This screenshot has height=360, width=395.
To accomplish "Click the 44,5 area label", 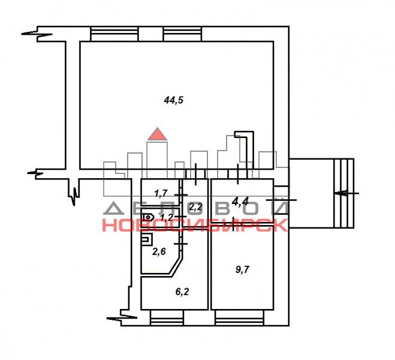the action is click(x=174, y=100).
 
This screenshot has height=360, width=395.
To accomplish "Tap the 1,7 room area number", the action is click(x=161, y=193).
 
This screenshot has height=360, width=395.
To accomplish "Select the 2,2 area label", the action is click(x=195, y=207).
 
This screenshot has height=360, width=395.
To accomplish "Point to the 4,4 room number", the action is click(x=240, y=202).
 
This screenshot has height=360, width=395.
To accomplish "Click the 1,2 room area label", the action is click(x=167, y=217).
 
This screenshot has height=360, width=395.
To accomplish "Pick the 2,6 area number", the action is click(x=159, y=251).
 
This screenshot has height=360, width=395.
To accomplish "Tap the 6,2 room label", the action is click(x=182, y=292).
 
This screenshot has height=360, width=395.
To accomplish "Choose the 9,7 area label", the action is click(x=242, y=269).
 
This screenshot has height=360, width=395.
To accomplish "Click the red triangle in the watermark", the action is click(x=158, y=134).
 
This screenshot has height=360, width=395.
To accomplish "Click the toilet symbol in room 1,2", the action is click(x=149, y=217).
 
